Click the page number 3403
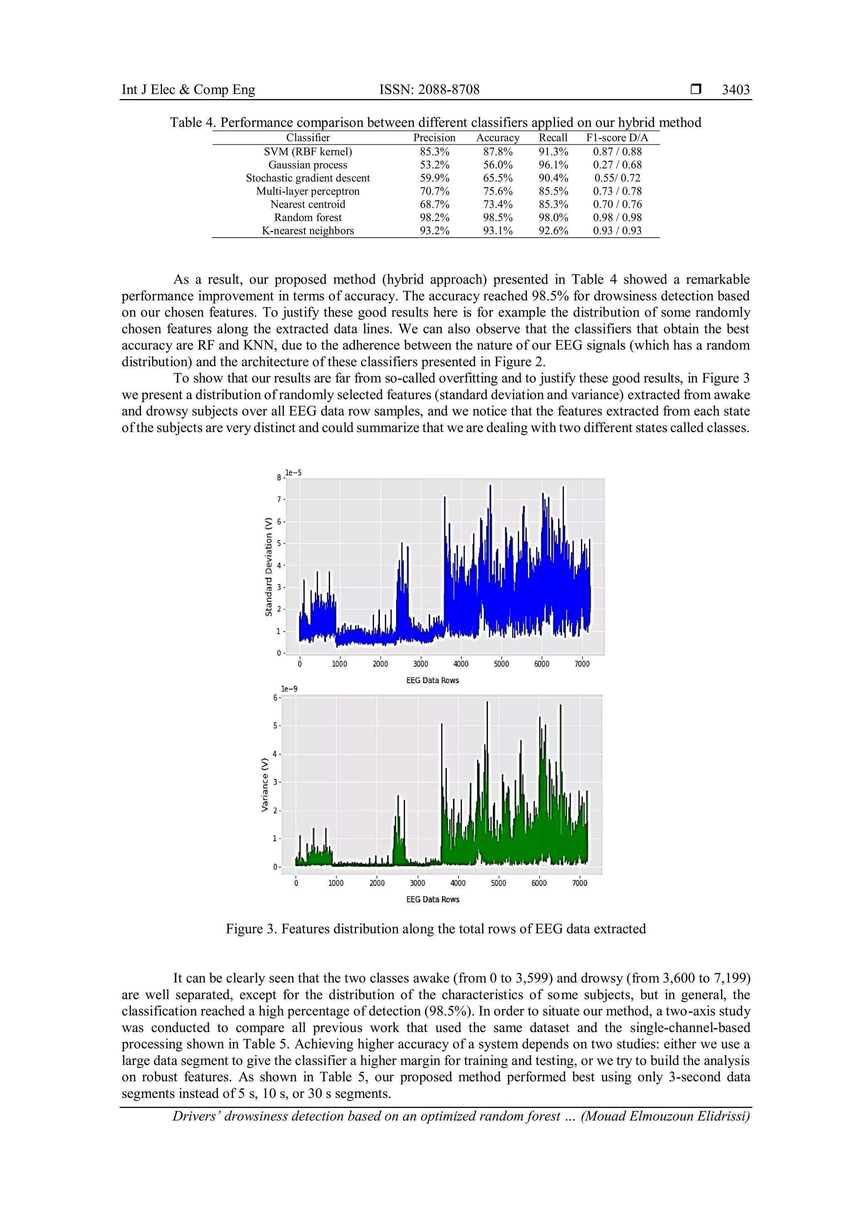pos(736,90)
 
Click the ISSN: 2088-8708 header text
pos(429,90)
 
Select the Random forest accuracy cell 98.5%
pos(498,217)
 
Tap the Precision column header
pos(434,137)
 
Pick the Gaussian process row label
pos(307,165)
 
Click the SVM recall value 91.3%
pos(553,152)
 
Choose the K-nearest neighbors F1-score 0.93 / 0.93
pos(617,231)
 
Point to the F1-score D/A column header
pos(617,137)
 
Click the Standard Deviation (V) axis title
pos(269,567)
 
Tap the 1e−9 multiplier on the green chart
pos(289,689)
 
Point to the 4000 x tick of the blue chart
pos(461,664)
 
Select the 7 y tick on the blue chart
pos(280,499)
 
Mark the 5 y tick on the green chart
pos(275,726)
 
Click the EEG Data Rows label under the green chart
pos(432,899)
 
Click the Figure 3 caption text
pos(436,929)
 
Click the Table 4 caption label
pos(192,123)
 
